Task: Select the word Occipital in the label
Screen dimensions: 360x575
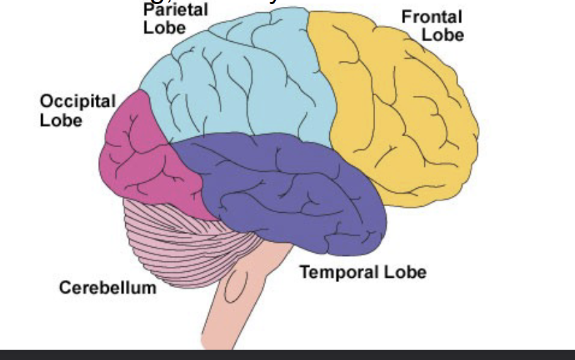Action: click(x=77, y=102)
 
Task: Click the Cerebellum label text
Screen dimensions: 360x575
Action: click(x=107, y=287)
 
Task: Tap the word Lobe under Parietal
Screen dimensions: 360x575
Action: click(x=164, y=28)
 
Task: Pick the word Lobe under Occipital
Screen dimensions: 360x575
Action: click(x=61, y=120)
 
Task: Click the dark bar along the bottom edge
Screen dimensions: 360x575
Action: click(x=287, y=355)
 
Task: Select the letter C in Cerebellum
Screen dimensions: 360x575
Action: click(x=64, y=287)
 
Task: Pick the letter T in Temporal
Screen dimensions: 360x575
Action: click(x=305, y=272)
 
